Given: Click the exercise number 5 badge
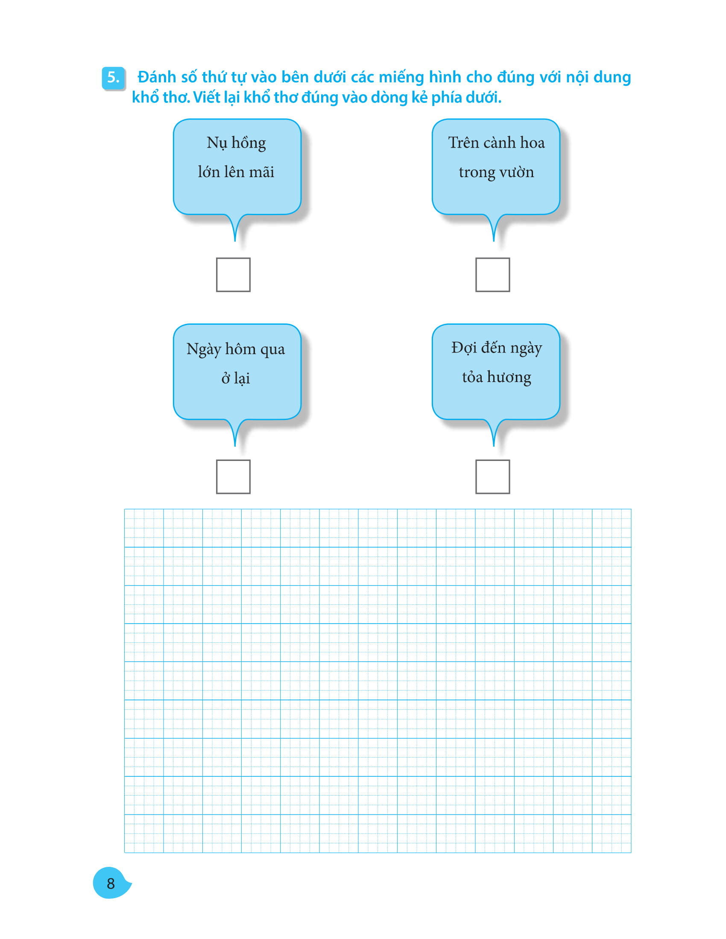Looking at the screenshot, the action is tap(114, 78).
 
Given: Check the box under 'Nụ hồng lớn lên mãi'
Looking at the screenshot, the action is tap(233, 275).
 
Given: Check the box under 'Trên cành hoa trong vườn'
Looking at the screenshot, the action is tap(492, 275).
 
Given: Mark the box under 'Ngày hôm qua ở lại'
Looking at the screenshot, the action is tap(233, 477).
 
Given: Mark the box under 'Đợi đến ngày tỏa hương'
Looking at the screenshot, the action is tap(492, 477).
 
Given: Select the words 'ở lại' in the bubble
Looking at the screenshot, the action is tap(236, 378).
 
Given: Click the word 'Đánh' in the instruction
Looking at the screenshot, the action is tap(157, 77).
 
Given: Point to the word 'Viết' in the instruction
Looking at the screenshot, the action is tap(206, 98).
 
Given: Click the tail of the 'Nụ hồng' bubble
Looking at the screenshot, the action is tap(235, 227).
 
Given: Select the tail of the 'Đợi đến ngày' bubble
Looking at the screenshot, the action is tap(494, 432).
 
